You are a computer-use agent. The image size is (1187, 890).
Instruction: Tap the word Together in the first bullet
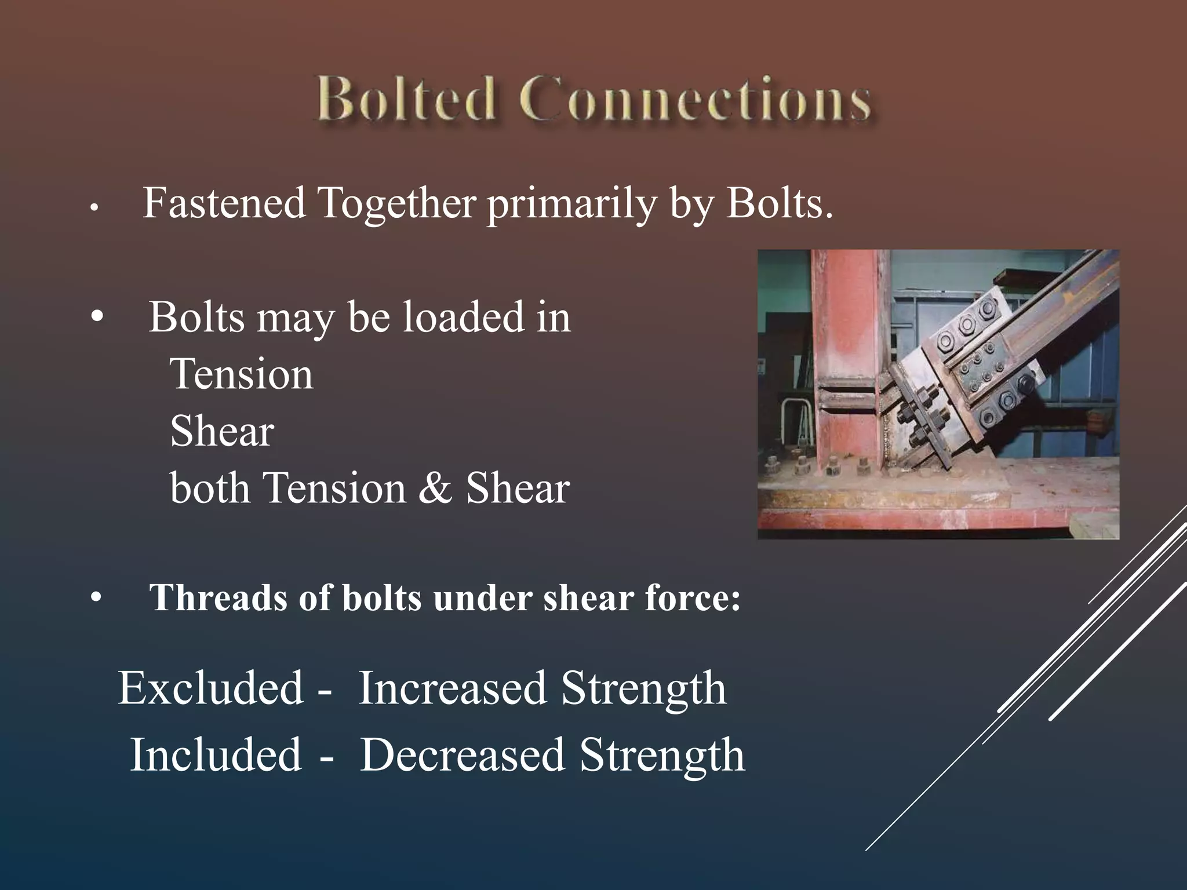coord(397,205)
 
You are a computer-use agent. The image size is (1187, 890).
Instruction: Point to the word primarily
coord(571,205)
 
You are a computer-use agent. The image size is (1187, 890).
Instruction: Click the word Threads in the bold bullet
coord(217,597)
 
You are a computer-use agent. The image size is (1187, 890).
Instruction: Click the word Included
coord(216,755)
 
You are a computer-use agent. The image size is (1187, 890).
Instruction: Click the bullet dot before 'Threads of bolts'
coord(96,598)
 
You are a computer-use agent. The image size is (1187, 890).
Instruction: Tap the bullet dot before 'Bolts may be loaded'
coord(97,317)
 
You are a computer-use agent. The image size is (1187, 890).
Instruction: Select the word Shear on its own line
coord(222,432)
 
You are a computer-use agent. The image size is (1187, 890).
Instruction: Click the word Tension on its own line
coord(242,374)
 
